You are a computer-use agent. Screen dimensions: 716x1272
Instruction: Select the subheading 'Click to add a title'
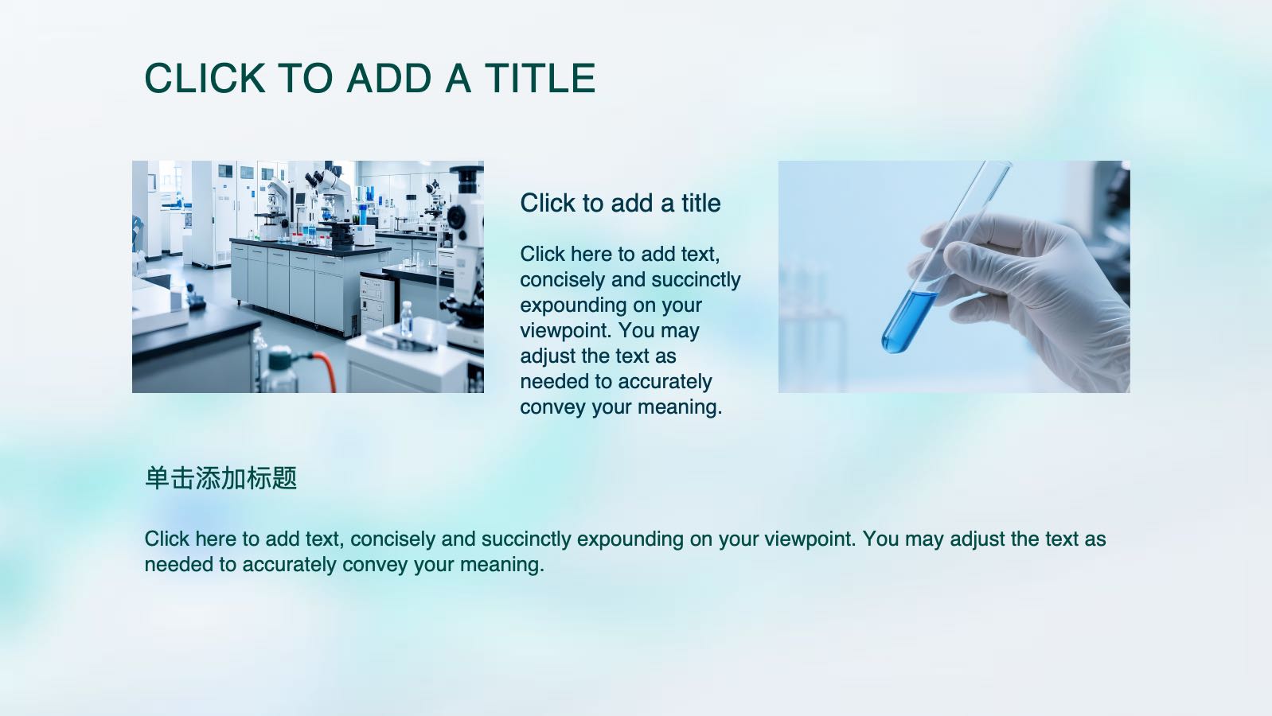[620, 204]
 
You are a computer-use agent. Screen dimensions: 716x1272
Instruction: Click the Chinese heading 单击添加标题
[220, 478]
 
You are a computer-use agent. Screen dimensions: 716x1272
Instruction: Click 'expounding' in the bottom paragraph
[630, 539]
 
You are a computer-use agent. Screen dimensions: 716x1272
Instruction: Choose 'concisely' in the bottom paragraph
[392, 539]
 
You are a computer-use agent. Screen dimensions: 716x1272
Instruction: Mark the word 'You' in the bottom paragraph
[880, 539]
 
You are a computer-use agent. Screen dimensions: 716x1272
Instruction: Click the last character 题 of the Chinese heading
[284, 478]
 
